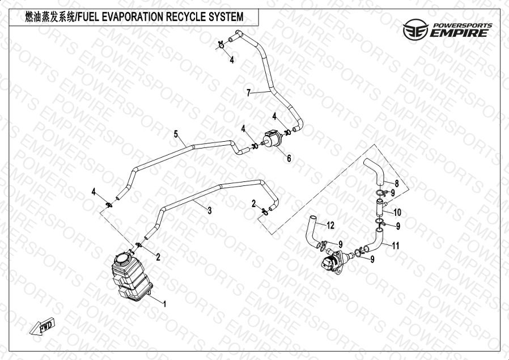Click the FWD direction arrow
point(42,325)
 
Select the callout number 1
point(164,304)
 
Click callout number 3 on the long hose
point(210,211)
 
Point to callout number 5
point(176,134)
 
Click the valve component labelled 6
point(272,139)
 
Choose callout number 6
point(289,158)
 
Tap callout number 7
point(249,93)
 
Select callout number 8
point(397,184)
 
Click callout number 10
point(397,212)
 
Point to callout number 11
point(396,245)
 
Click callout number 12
point(330,225)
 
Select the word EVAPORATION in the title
point(133,16)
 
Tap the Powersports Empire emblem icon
point(415,29)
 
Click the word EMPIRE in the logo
point(459,33)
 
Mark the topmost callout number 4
point(232,60)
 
